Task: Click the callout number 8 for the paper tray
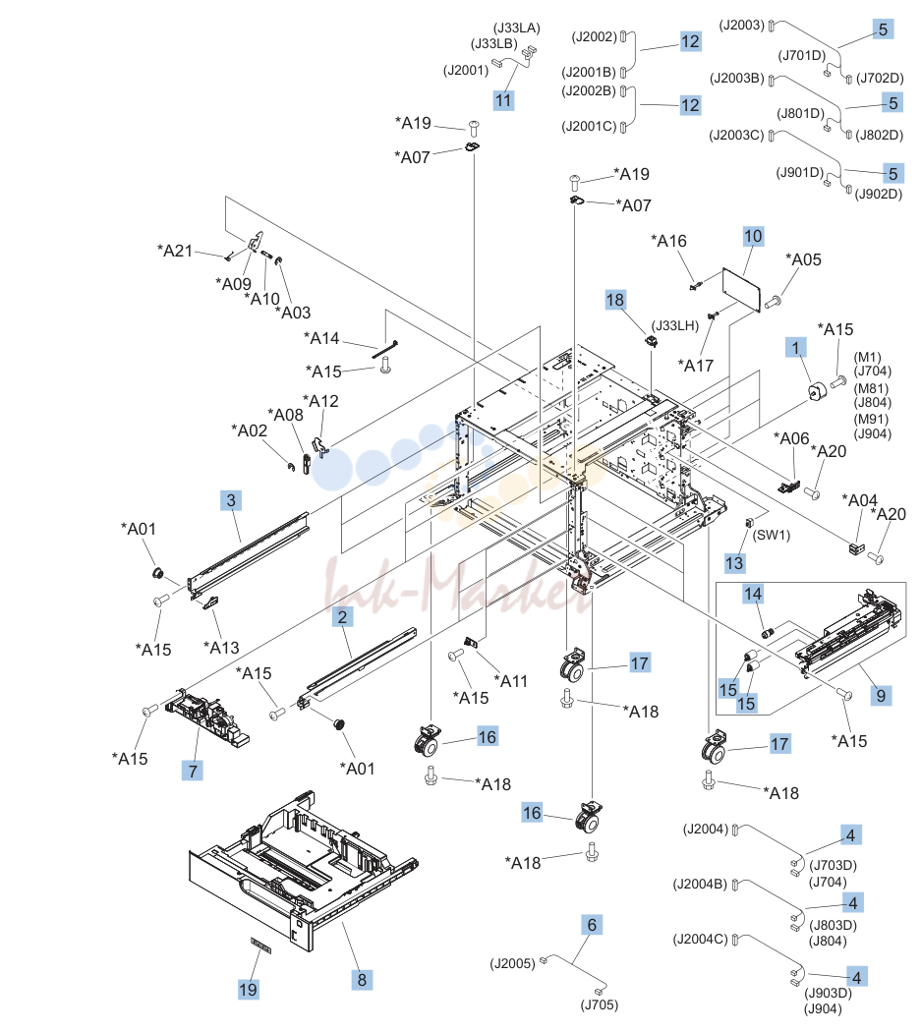[362, 979]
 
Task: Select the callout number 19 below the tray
[248, 989]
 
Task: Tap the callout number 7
[193, 770]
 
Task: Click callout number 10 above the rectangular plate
[753, 236]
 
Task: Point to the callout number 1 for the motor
[795, 348]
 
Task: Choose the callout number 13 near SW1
[734, 563]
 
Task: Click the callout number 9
[881, 695]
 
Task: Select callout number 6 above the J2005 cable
[592, 925]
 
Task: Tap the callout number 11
[503, 100]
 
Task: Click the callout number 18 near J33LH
[615, 300]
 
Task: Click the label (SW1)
[771, 535]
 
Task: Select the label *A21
[174, 251]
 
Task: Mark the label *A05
[803, 259]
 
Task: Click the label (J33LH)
[675, 325]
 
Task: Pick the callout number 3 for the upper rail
[230, 500]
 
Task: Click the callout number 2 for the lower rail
[342, 616]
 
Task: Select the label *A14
[321, 338]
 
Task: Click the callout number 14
[753, 594]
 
